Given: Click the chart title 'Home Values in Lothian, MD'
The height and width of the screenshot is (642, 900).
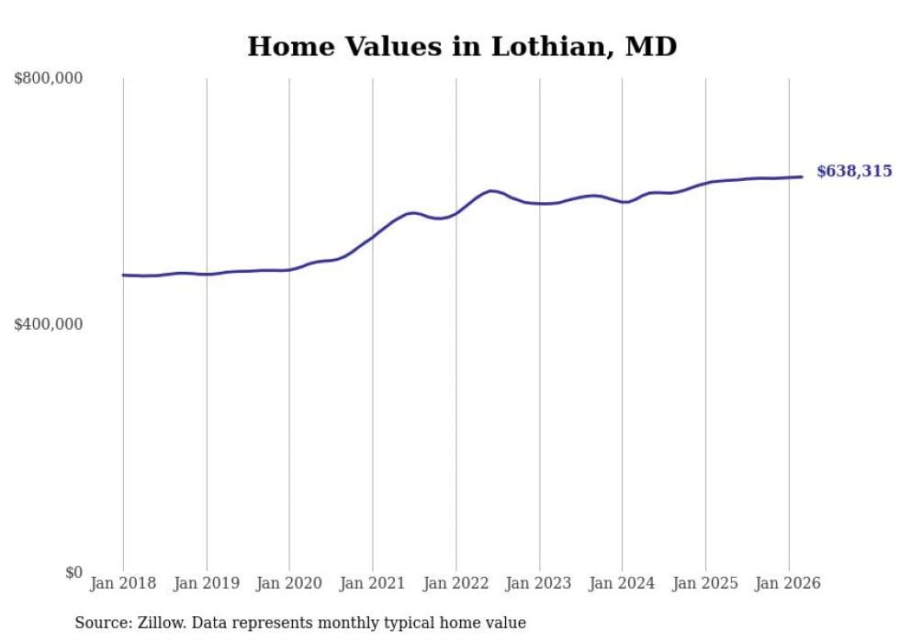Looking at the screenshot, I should [x=462, y=47].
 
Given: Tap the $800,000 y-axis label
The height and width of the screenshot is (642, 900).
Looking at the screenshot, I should [x=49, y=79].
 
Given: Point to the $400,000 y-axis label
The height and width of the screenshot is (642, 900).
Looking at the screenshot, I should [x=49, y=324].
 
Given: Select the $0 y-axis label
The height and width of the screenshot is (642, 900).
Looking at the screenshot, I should [x=73, y=572].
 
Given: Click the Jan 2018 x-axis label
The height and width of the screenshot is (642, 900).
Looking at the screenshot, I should [x=123, y=583].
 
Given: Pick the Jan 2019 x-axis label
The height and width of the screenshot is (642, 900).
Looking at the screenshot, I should [x=207, y=583].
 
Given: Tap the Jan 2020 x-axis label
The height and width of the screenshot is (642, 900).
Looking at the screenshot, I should [x=289, y=583].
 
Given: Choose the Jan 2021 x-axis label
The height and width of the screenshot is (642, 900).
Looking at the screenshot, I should [x=373, y=583].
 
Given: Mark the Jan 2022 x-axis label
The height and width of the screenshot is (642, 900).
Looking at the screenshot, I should [x=456, y=583].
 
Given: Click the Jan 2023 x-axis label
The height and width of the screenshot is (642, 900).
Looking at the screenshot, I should [x=539, y=583].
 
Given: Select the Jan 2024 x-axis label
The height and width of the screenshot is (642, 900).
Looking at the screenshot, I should [x=622, y=583].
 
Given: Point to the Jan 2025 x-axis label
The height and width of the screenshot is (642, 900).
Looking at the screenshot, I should [x=705, y=583].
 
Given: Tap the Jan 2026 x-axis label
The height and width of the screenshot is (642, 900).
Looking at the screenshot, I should [x=788, y=583].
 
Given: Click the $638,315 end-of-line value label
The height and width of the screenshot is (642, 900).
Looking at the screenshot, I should [x=854, y=172].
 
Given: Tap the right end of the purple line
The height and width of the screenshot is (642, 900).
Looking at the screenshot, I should [x=802, y=177].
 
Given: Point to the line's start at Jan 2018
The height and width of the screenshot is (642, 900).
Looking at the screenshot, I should [x=124, y=275].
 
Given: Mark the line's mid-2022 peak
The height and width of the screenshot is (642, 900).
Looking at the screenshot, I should [x=492, y=191].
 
